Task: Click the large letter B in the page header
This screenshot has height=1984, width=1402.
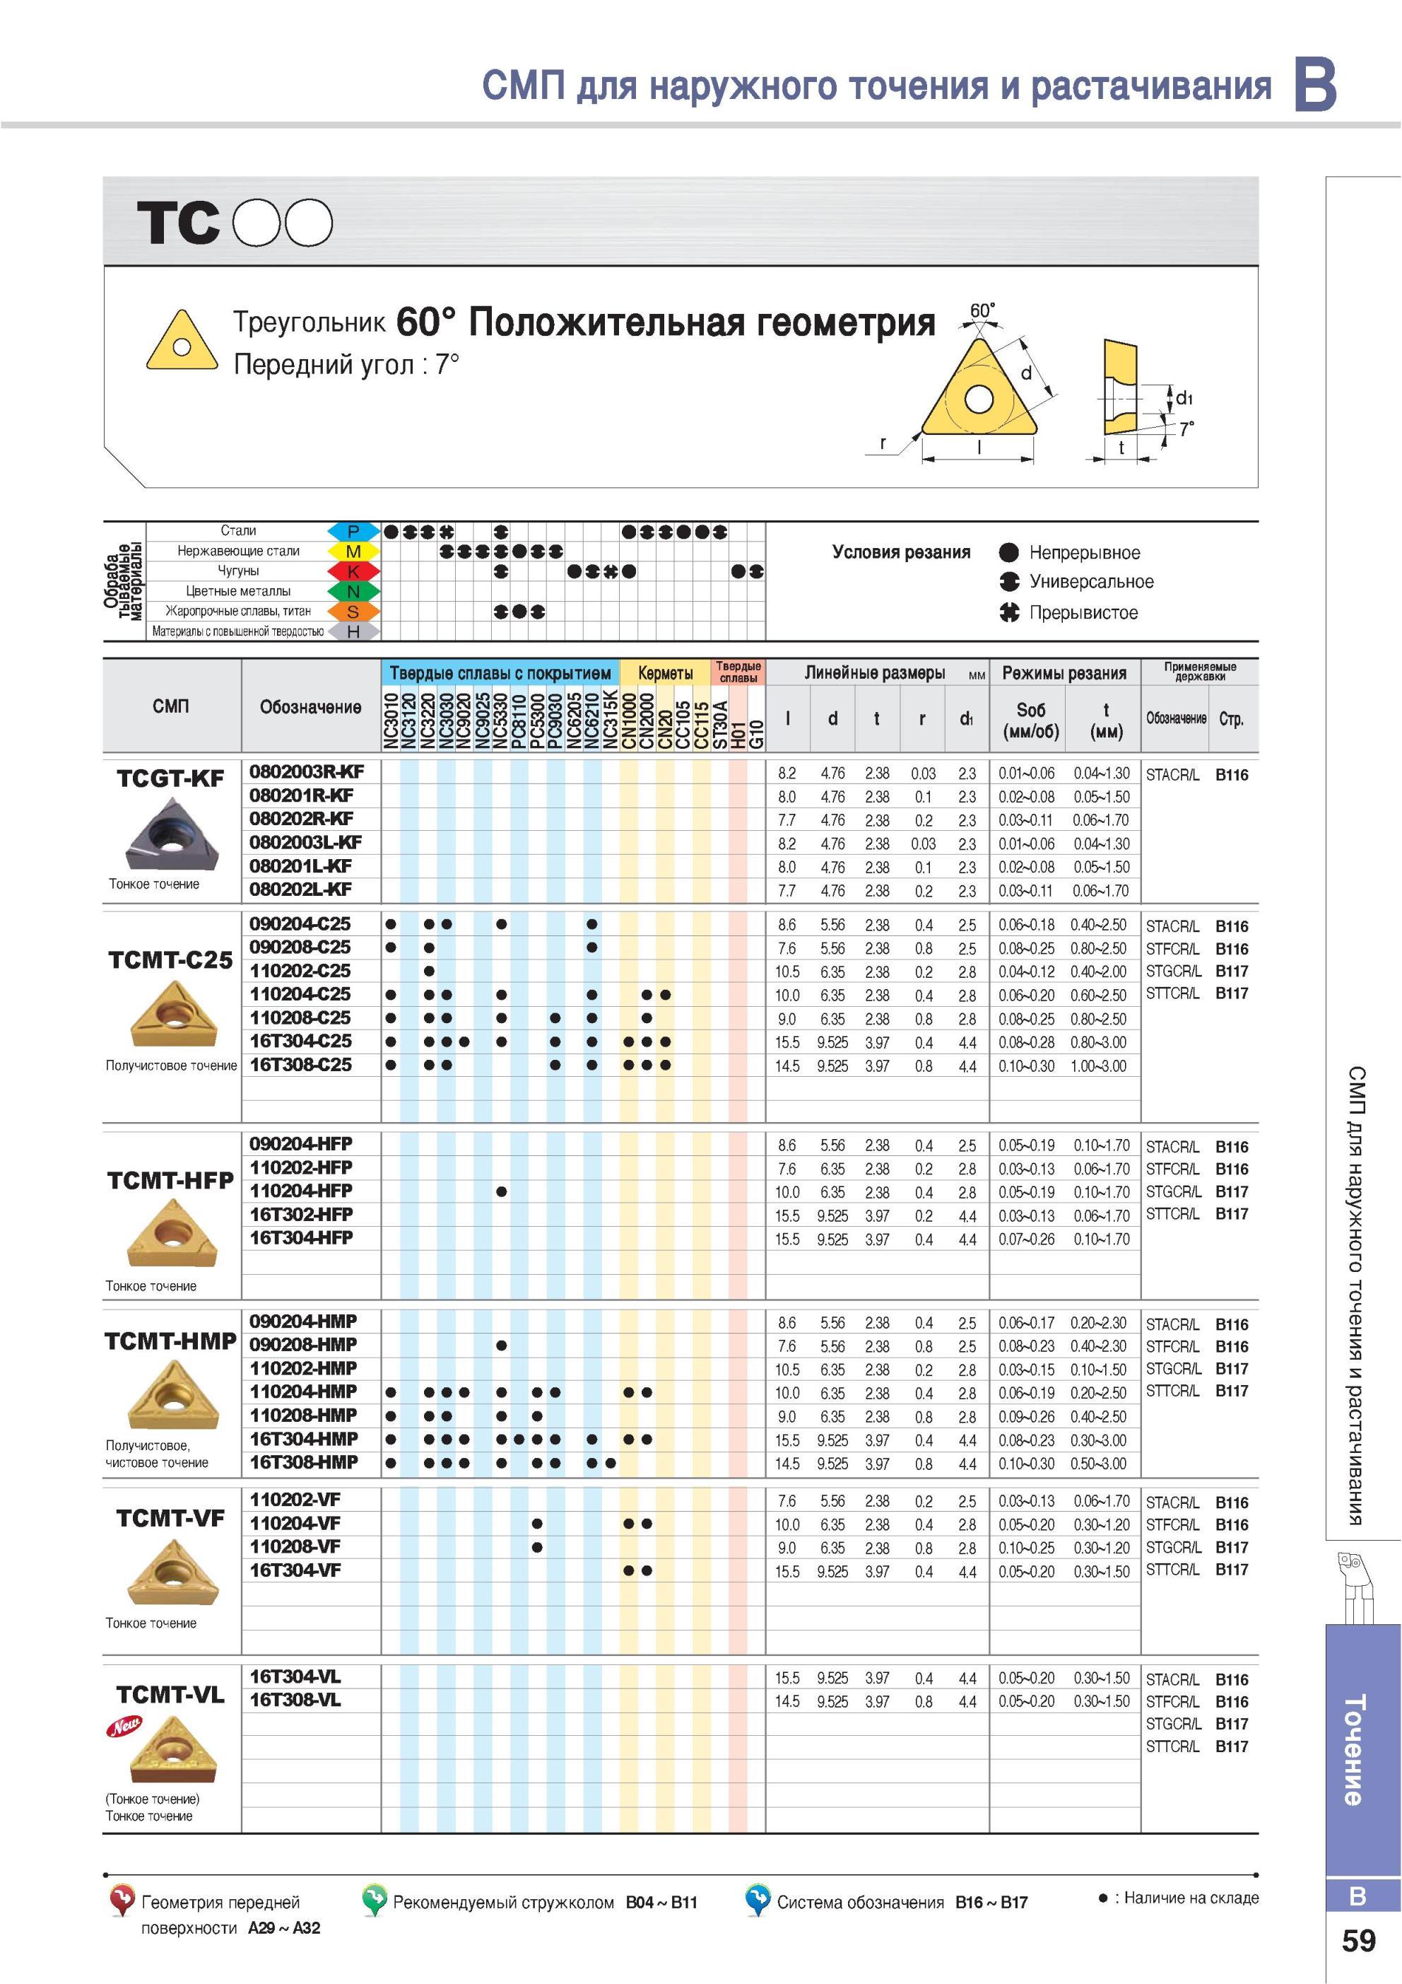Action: (1316, 84)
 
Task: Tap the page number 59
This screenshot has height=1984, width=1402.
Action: (1358, 1941)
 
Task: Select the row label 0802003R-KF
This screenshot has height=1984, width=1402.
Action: (307, 771)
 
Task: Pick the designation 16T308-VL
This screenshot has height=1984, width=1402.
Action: (295, 1700)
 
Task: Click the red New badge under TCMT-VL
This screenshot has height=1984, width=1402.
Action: (123, 1727)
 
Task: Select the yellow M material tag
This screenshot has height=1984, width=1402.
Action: (353, 552)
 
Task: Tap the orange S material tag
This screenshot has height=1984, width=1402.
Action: (353, 612)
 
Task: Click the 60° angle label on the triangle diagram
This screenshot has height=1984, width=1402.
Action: (982, 310)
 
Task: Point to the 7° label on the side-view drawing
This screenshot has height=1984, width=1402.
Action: (1187, 428)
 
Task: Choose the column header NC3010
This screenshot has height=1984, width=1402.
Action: (391, 720)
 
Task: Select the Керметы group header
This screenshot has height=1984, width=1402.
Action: (665, 673)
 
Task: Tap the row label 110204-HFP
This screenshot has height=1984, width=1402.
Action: (300, 1191)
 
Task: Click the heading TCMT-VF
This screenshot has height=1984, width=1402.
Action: (170, 1518)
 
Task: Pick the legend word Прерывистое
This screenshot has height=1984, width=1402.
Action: (1083, 612)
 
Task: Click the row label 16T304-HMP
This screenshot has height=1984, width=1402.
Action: (303, 1439)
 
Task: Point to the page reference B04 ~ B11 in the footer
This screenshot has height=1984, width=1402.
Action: (661, 1902)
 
